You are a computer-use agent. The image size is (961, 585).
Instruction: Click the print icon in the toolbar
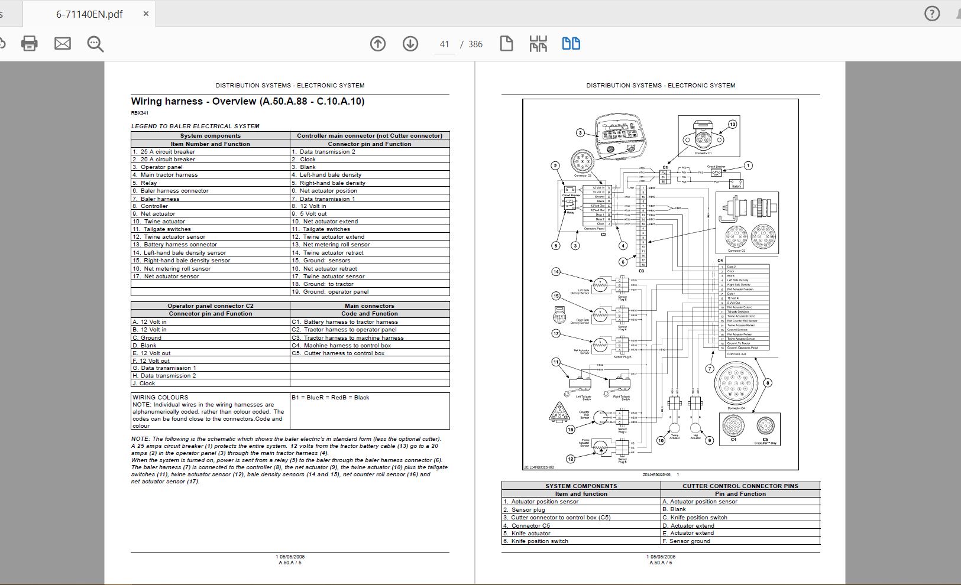pyautogui.click(x=29, y=43)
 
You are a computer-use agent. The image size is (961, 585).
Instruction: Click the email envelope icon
pyautogui.click(x=63, y=43)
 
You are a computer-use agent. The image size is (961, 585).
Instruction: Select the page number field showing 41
pyautogui.click(x=445, y=44)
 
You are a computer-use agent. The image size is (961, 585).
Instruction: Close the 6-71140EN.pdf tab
pyautogui.click(x=146, y=14)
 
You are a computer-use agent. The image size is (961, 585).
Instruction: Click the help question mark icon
pyautogui.click(x=932, y=14)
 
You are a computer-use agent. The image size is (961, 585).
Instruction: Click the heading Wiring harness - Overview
pyautogui.click(x=247, y=101)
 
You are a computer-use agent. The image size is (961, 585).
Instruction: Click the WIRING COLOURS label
pyautogui.click(x=160, y=398)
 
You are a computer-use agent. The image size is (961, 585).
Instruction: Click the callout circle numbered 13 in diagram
pyautogui.click(x=732, y=124)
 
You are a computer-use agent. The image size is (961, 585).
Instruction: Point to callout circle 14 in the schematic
pyautogui.click(x=556, y=272)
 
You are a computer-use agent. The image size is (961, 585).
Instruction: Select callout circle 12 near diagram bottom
pyautogui.click(x=570, y=459)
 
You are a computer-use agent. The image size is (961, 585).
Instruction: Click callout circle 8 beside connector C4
pyautogui.click(x=768, y=383)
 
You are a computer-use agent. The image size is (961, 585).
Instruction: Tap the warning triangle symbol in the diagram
pyautogui.click(x=558, y=412)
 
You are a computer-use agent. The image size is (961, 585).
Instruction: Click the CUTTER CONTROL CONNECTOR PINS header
pyautogui.click(x=740, y=486)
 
